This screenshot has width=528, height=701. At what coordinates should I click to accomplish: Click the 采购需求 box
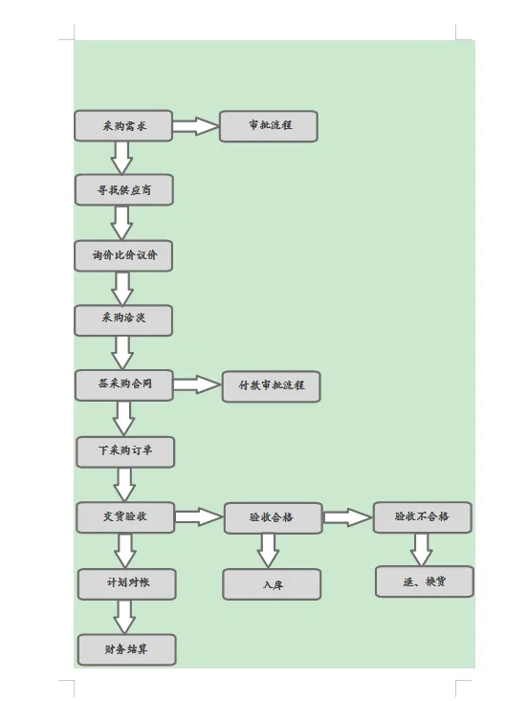pos(123,126)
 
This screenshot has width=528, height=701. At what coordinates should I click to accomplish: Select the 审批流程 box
pos(268,126)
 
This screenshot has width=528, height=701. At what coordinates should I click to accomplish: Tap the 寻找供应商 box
pos(123,190)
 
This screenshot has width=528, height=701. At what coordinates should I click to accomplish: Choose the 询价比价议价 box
pos(123,255)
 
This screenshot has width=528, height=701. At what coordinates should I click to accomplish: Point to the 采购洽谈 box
pos(123,320)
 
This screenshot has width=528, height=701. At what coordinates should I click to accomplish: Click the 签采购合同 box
pos(123,384)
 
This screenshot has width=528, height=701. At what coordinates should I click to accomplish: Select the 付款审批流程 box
pos(271,386)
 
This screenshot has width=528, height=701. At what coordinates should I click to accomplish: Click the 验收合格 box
pos(273,517)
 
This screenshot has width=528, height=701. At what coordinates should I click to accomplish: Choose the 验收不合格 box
pos(422,517)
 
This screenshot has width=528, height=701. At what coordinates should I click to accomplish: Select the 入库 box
pos(272,584)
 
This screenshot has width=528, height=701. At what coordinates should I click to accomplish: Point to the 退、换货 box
pos(424,581)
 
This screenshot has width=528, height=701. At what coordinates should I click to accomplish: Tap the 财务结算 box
pos(126,649)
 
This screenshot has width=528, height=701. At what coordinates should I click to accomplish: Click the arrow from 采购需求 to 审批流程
pos(196,126)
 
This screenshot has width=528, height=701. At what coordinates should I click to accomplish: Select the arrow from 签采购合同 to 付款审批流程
pos(197,384)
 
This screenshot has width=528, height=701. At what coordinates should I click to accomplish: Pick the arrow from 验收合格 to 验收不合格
pos(347,517)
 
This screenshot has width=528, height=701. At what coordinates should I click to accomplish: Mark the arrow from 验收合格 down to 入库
pos(269,550)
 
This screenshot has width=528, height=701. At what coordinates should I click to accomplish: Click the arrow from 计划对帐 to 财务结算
pos(124,617)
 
